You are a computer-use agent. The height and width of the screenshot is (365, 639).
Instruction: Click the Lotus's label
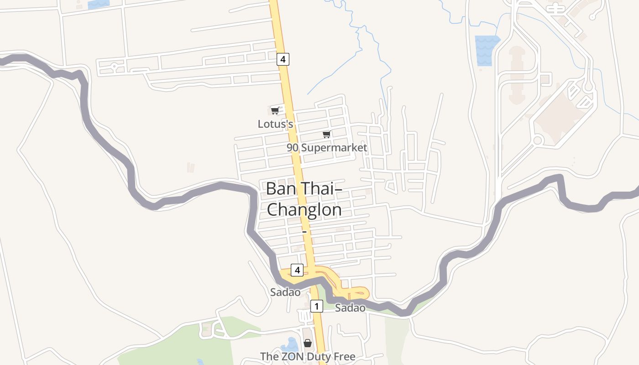click(x=275, y=124)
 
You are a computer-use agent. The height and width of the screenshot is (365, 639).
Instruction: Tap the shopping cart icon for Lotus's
click(x=275, y=110)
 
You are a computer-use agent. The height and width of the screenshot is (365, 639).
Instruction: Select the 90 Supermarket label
click(x=327, y=147)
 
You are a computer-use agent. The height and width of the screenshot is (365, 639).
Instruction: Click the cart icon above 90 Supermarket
click(x=326, y=134)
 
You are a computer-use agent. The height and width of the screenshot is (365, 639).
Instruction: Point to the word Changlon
click(x=304, y=210)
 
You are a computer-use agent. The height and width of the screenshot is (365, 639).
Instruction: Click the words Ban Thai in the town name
click(x=300, y=188)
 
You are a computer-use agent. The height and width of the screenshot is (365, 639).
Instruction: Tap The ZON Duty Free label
click(x=308, y=356)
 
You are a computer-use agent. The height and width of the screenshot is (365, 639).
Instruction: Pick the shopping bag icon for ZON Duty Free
click(x=308, y=343)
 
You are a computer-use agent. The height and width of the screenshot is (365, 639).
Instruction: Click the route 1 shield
click(x=317, y=306)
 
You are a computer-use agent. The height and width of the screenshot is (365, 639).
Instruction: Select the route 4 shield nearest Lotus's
click(x=283, y=59)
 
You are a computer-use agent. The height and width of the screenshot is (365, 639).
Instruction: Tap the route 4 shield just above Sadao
click(x=297, y=270)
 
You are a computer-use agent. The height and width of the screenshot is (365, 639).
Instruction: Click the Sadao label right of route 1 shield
click(x=350, y=308)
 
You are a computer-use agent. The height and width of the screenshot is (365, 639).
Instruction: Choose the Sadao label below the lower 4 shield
click(x=285, y=292)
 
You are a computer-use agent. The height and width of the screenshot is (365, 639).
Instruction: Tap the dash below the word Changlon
click(x=304, y=232)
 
